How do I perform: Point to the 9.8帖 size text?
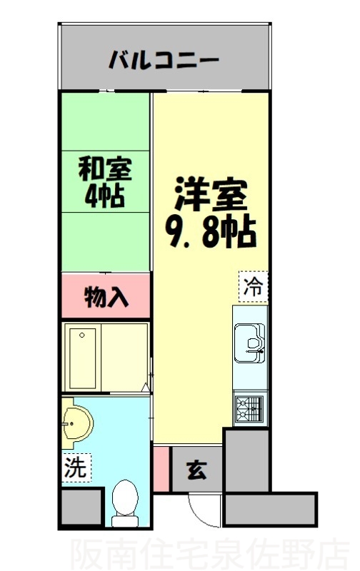pyautogui.click(x=211, y=231)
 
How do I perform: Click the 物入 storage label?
pyautogui.click(x=106, y=295)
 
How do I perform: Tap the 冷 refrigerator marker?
pyautogui.click(x=252, y=288)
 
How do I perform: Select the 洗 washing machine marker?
pyautogui.click(x=75, y=469)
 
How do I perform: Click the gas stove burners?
pyautogui.click(x=249, y=409)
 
